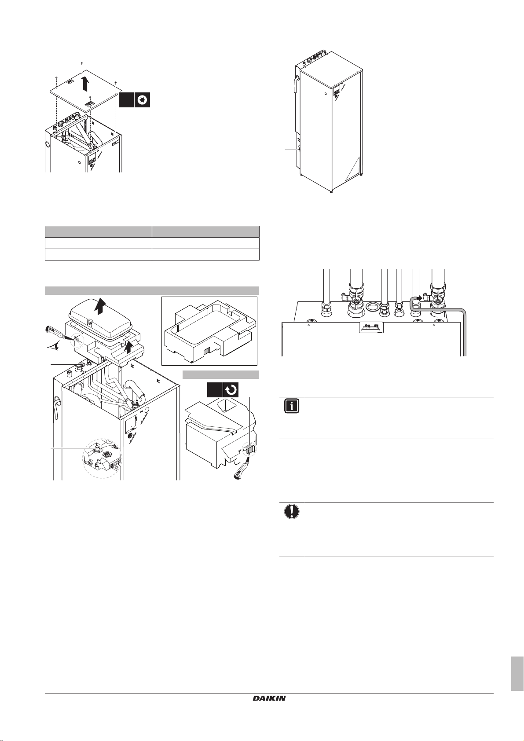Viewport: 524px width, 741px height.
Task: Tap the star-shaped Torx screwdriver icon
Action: pos(142,100)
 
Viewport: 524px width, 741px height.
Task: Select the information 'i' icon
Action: pos(291,406)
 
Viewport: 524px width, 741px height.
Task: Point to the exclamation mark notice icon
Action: pos(291,511)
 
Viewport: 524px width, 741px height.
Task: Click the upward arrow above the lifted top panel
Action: pos(85,83)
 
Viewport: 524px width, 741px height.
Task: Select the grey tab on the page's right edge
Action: pos(517,674)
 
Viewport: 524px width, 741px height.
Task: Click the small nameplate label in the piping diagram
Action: pos(372,327)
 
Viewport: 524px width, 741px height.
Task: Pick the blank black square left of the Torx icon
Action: pos(126,100)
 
